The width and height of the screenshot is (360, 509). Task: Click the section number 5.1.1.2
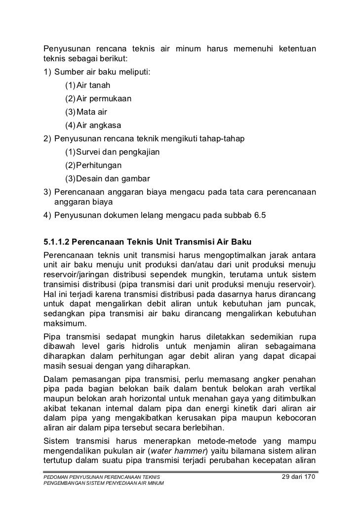pos(58,243)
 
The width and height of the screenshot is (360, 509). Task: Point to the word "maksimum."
pos(64,324)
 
